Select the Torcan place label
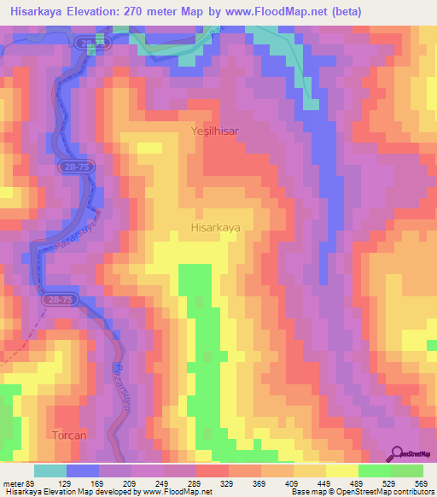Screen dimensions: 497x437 (69, 436)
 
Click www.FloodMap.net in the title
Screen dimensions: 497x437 (270, 12)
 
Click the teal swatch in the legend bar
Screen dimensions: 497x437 (50, 471)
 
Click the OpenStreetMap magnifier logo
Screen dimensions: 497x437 (397, 453)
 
